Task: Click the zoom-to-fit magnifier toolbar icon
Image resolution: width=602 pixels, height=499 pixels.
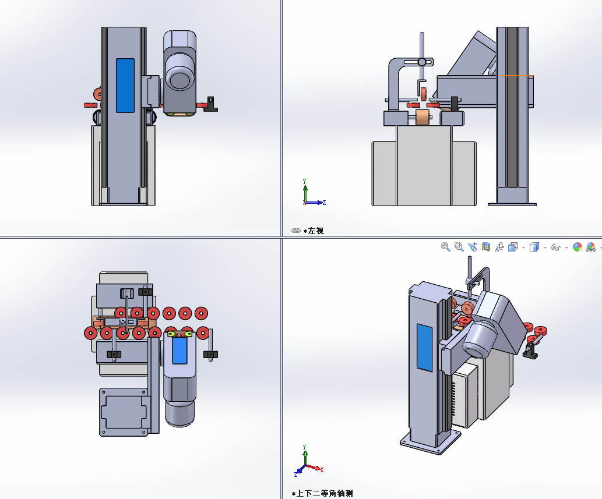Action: point(445,247)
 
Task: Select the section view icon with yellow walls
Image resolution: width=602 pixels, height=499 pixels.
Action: point(486,247)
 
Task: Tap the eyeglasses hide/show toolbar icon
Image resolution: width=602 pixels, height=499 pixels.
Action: point(555,247)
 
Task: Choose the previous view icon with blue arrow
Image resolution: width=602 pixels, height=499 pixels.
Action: point(473,247)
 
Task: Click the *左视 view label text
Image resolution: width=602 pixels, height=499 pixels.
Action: point(314,231)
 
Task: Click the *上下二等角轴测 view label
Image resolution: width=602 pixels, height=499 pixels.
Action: point(322,493)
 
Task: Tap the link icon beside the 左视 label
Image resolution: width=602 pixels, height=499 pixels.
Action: point(295,231)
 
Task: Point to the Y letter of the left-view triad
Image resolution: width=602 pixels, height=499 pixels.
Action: point(304,182)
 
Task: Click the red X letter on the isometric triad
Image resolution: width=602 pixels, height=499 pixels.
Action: point(322,470)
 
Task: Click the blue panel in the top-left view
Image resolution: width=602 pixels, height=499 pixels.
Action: point(125,86)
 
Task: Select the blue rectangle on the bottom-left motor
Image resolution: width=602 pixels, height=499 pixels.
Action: point(179,351)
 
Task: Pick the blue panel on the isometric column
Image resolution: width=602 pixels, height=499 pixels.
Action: point(424,348)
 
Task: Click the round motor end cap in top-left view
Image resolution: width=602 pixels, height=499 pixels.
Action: point(179,80)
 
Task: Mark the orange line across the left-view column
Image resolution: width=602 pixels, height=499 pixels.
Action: point(516,76)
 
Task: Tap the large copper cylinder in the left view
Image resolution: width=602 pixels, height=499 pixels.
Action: point(423,118)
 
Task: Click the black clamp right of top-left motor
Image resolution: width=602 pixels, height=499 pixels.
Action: point(210,104)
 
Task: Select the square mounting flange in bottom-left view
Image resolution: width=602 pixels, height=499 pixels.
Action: point(124,412)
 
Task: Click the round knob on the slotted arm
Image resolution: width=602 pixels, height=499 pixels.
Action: point(421,62)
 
